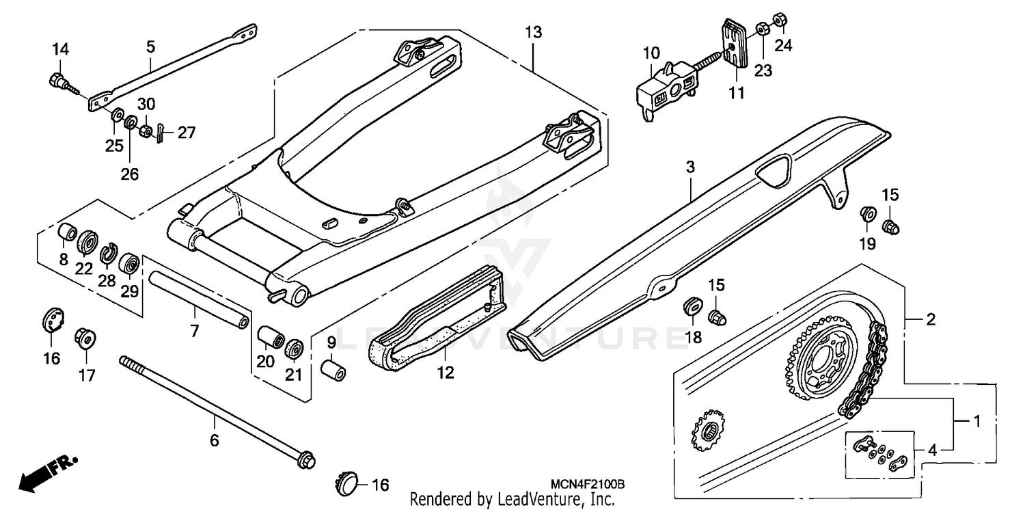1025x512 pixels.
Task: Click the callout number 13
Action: click(x=533, y=31)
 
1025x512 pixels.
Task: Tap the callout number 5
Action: click(x=150, y=46)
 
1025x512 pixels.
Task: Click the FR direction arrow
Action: click(x=48, y=472)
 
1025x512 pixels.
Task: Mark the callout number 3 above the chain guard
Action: click(x=690, y=167)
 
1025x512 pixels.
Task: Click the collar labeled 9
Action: click(x=333, y=368)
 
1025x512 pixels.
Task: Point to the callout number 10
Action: click(x=651, y=53)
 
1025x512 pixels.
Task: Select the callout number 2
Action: click(x=930, y=319)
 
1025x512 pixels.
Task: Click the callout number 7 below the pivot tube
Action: click(x=194, y=332)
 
